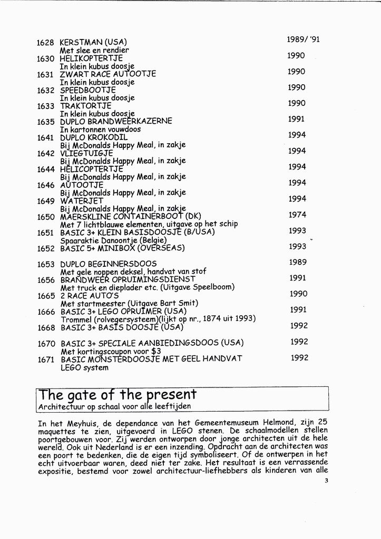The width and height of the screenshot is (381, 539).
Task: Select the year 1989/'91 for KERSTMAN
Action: point(303,39)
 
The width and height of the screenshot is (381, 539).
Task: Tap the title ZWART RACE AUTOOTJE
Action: point(108,74)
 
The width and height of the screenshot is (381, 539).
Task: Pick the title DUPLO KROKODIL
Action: point(93,137)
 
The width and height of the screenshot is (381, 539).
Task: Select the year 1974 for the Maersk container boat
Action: point(297,215)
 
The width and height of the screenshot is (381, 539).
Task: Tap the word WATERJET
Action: point(81,201)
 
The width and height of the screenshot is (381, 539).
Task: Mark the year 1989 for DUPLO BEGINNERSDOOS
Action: point(298,262)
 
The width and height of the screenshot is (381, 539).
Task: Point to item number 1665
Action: point(47,296)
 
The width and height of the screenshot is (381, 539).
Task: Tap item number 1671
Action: point(47,360)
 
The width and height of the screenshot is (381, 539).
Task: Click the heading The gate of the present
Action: point(118,394)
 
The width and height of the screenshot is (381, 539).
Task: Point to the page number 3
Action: point(327,479)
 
